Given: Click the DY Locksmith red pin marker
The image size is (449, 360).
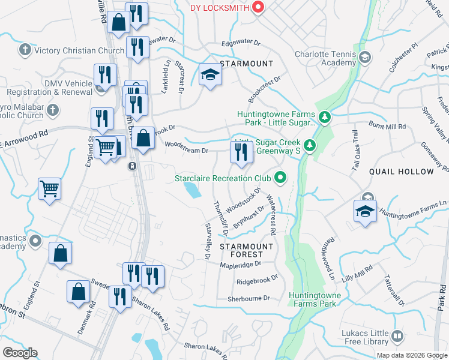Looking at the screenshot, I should coord(258,7).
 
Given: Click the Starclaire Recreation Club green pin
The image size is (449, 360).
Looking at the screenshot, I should coord(279,178).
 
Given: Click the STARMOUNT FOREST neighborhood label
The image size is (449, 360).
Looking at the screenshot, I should coord(246,250).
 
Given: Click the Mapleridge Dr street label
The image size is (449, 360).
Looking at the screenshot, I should coord(241,264).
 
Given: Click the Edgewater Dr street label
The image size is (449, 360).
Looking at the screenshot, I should coord(241,43).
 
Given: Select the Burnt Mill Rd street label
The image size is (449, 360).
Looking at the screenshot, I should coord(387,127).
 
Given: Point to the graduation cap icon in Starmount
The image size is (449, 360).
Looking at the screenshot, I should coord(210,74).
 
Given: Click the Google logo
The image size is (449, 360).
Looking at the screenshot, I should coord(20,353).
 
